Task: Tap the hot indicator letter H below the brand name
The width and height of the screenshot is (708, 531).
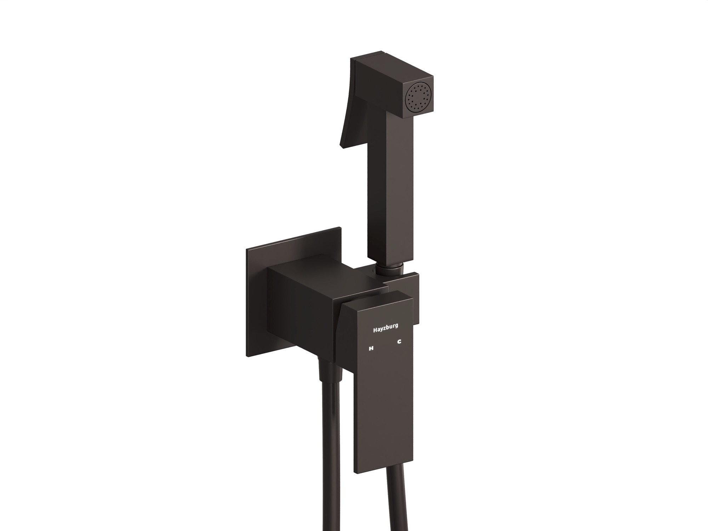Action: pos(361,348)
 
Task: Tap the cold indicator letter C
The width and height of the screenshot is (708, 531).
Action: pos(399,342)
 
